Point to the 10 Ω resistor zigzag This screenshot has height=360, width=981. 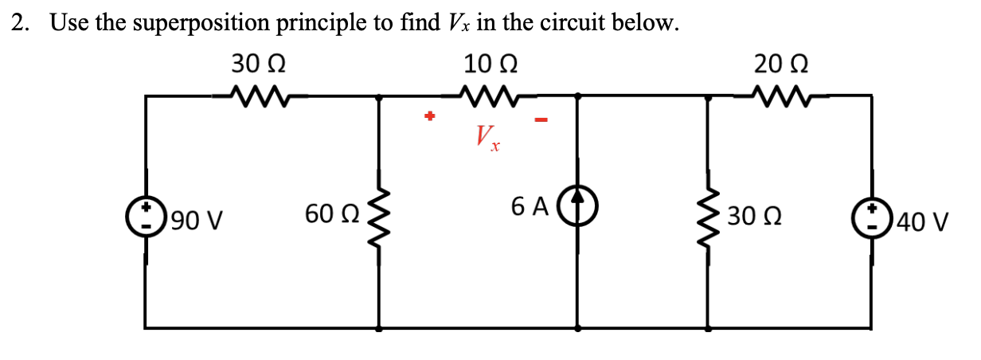coord(491,97)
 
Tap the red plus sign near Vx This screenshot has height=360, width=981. coord(429,117)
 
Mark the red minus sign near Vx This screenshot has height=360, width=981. coord(541,120)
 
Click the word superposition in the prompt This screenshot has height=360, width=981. coord(200,23)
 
